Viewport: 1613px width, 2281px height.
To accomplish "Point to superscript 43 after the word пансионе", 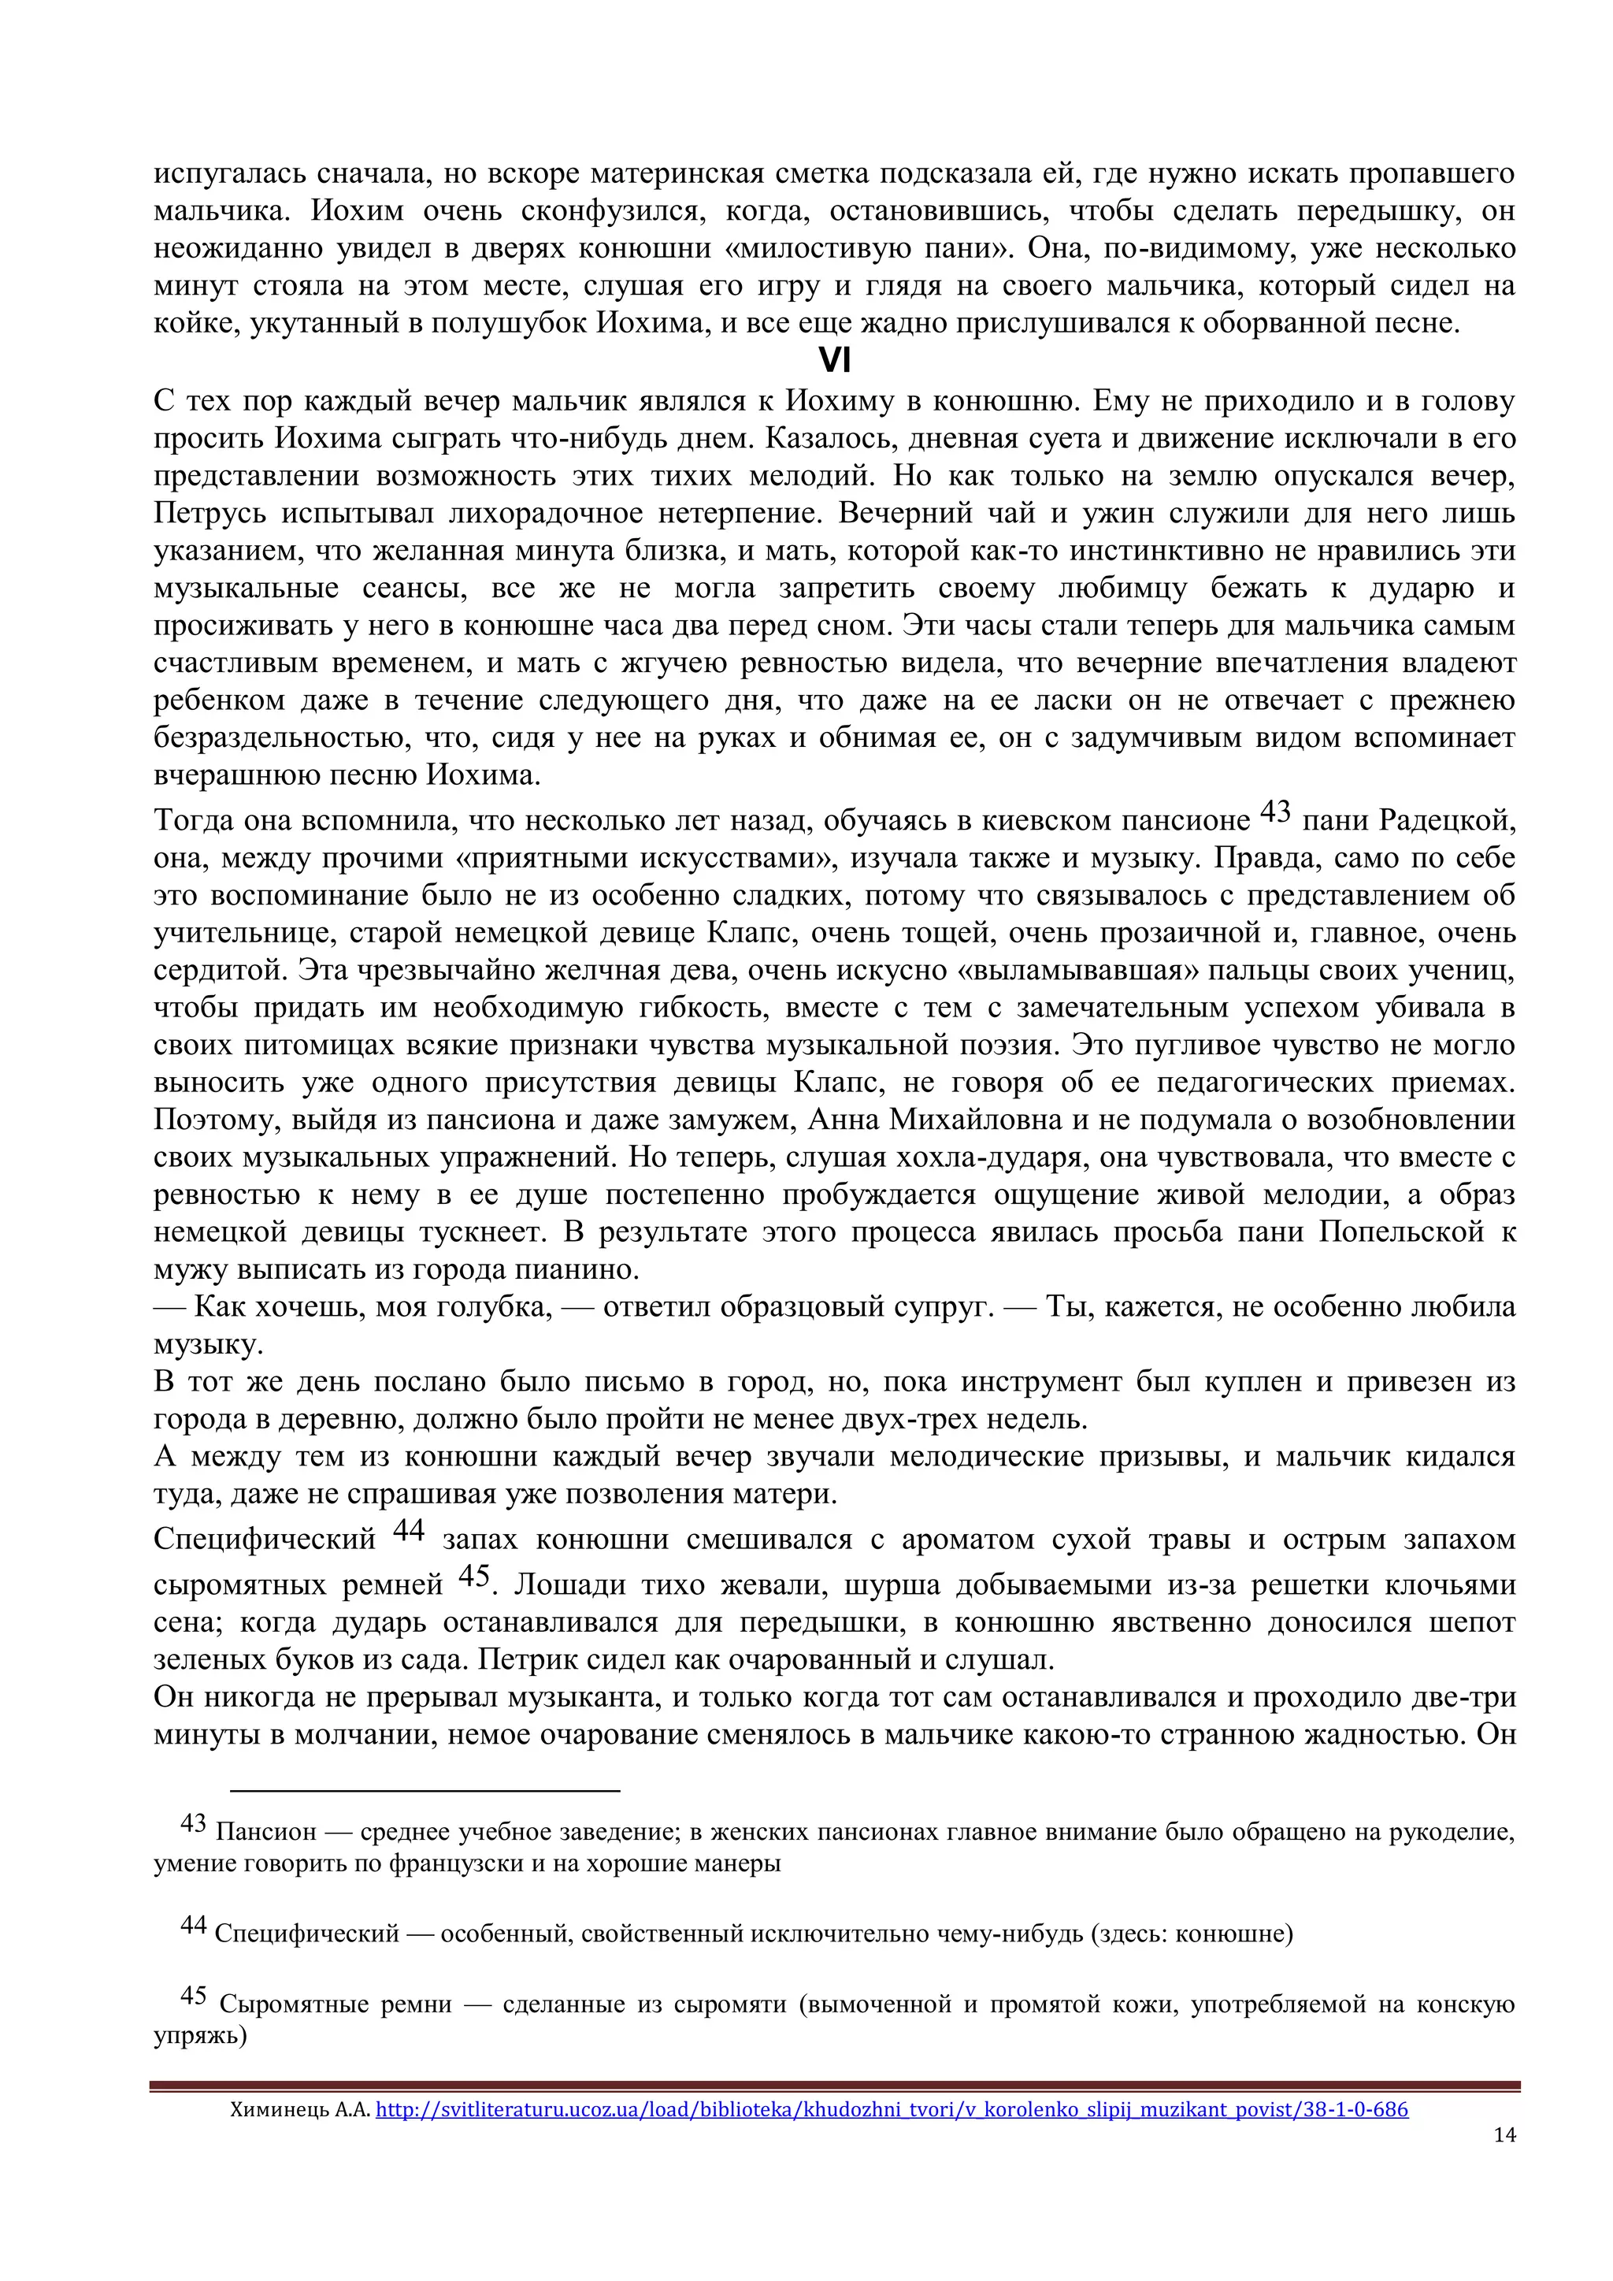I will (1274, 812).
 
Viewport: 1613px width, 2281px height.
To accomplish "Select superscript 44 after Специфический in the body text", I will (408, 1530).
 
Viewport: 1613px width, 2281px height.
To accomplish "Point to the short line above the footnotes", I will (425, 1790).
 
